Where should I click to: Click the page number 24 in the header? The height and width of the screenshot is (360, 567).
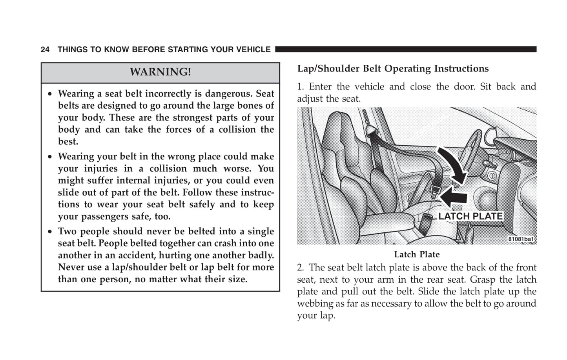[x=45, y=50]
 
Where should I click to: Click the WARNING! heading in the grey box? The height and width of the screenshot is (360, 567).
[x=160, y=72]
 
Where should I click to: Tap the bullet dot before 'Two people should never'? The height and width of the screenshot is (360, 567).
[x=50, y=232]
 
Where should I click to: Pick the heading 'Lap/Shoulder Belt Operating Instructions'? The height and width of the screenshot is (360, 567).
[x=393, y=69]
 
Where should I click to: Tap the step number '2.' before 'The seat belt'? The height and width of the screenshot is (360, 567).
[x=301, y=268]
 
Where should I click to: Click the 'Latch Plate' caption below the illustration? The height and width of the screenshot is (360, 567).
[x=417, y=254]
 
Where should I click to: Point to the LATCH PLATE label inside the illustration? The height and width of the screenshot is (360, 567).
[x=470, y=216]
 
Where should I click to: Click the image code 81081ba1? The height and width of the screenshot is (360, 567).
[x=521, y=239]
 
